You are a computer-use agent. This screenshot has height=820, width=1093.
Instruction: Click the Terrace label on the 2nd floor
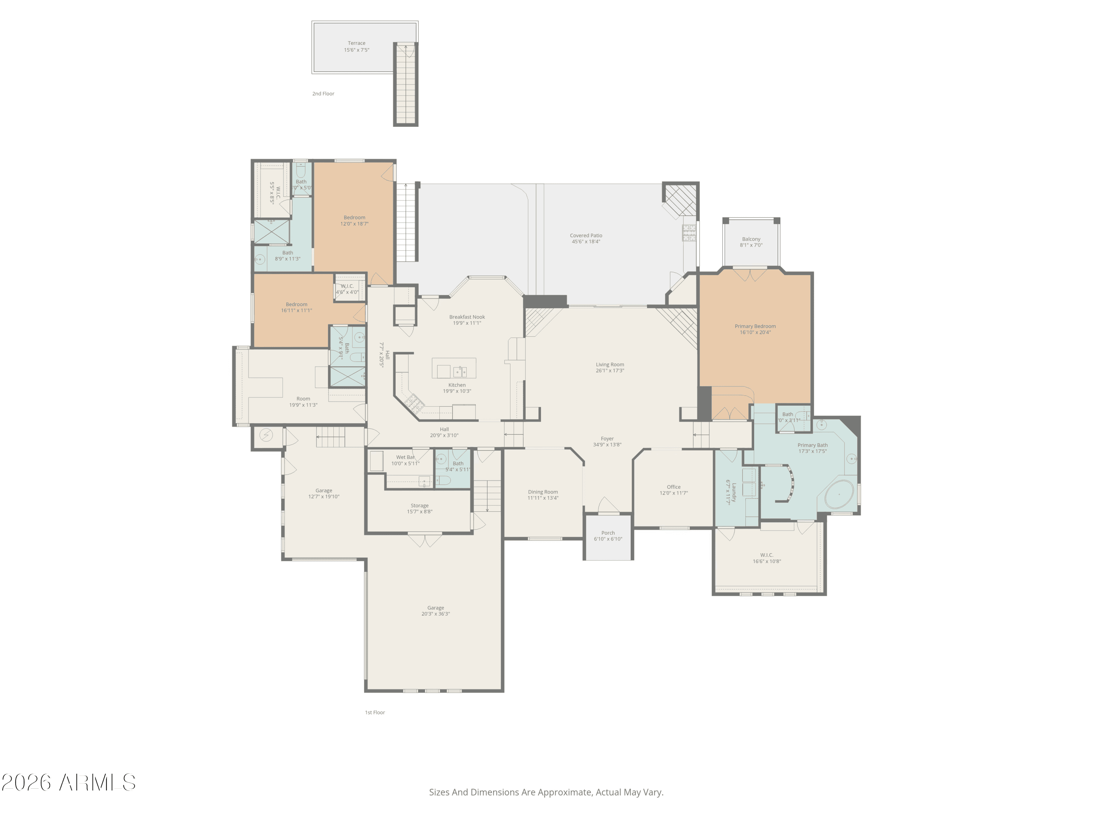coord(356,43)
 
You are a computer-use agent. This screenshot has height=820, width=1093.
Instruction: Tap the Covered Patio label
coord(585,236)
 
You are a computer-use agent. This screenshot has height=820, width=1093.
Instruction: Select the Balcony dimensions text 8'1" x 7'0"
coord(751,245)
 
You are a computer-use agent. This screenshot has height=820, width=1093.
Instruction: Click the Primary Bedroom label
coord(755,326)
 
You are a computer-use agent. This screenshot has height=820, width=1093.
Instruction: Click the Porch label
coord(608,533)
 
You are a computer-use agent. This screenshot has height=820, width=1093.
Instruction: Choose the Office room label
coord(674,487)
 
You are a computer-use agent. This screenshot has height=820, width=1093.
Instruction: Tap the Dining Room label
coord(542,492)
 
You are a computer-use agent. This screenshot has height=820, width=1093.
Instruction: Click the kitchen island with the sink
coord(454,368)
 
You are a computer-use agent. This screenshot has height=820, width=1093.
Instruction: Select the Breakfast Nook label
coord(467,317)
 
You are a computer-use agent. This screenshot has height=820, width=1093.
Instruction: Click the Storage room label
coord(419,505)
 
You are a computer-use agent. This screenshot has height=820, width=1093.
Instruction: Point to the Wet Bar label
coord(405,457)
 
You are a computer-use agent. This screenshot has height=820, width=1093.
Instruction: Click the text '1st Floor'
coord(375,712)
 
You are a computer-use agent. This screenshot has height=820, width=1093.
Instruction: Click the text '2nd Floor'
coord(323,93)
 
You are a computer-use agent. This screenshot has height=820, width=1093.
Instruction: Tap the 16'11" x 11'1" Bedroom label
coord(297,304)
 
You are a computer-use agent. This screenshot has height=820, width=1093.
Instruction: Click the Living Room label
coord(610,365)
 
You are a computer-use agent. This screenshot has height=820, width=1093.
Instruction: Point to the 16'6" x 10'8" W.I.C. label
coord(767,555)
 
